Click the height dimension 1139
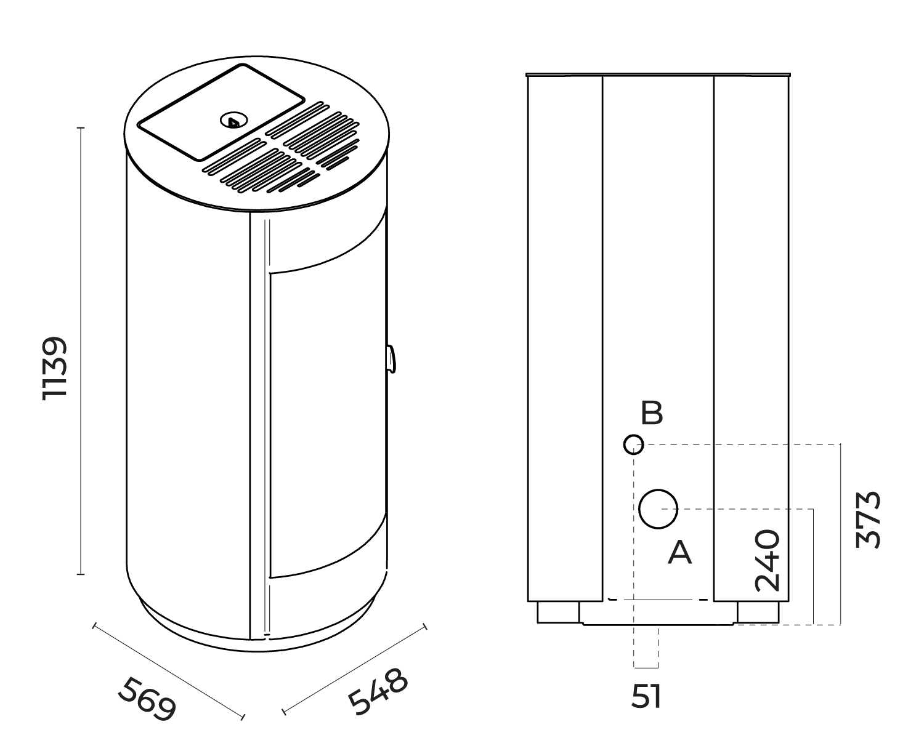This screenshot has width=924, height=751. click(x=54, y=368)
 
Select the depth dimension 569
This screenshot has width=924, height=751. click(x=147, y=698)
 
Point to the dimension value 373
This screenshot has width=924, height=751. click(x=869, y=519)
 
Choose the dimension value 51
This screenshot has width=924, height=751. click(x=646, y=697)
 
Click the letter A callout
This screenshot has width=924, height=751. click(x=680, y=552)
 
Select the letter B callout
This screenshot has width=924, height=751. click(x=652, y=413)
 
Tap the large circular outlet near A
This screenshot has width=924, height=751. click(x=658, y=509)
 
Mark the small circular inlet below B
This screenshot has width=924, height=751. click(x=633, y=444)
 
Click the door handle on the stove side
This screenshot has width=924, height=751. click(x=391, y=359)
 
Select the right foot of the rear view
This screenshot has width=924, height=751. click(x=758, y=612)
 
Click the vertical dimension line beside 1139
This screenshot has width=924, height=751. click(x=81, y=351)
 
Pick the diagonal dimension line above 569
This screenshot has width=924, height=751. click(x=168, y=672)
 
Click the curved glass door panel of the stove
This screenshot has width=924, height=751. click(x=326, y=425)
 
